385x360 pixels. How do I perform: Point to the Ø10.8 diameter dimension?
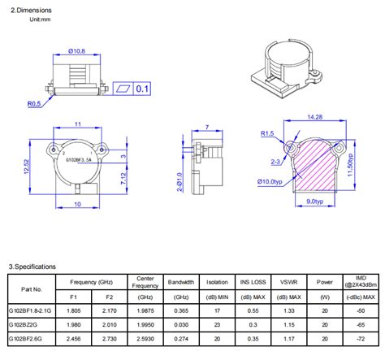(76, 52)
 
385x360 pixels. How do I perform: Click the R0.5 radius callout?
(33, 104)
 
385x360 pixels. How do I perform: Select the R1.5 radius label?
(266, 132)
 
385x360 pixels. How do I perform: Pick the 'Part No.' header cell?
(31, 288)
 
